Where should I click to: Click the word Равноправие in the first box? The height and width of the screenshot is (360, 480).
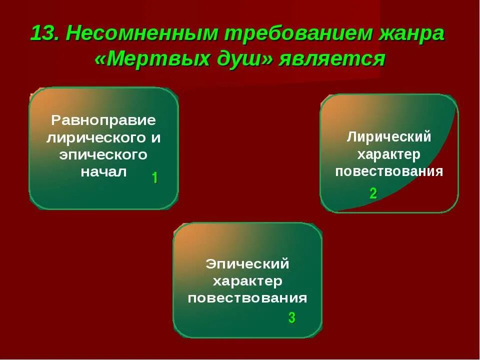click(x=103, y=120)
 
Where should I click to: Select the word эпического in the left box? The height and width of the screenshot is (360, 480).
click(x=103, y=155)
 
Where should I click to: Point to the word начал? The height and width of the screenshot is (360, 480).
click(x=103, y=172)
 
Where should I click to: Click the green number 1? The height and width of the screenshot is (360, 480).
click(x=154, y=178)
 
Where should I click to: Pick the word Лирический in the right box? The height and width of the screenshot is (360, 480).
click(x=389, y=137)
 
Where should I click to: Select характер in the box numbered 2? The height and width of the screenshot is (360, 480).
click(x=389, y=154)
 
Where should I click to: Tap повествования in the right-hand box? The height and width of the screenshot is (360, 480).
click(x=389, y=171)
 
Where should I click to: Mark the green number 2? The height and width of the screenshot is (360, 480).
click(x=373, y=194)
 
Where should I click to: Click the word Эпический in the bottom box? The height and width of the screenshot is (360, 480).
click(x=247, y=263)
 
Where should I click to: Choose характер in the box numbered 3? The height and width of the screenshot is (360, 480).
click(x=247, y=281)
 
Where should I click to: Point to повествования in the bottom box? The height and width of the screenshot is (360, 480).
click(x=247, y=298)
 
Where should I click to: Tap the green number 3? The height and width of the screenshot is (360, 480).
click(x=291, y=317)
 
